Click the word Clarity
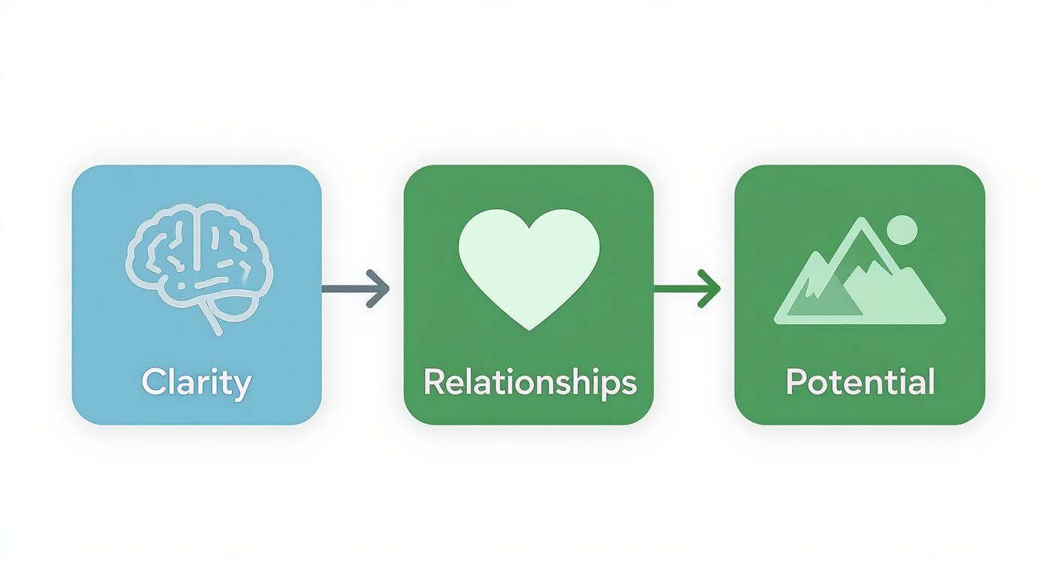[197, 383]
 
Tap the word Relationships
[530, 383]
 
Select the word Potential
[860, 382]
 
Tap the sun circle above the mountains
[902, 230]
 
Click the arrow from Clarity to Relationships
[356, 289]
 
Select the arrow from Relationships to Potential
[687, 289]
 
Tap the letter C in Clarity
[152, 382]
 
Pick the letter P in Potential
[796, 382]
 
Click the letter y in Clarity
[242, 388]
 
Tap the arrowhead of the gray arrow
[378, 289]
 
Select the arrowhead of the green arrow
[709, 289]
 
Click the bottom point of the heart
[529, 330]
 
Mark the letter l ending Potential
[932, 382]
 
